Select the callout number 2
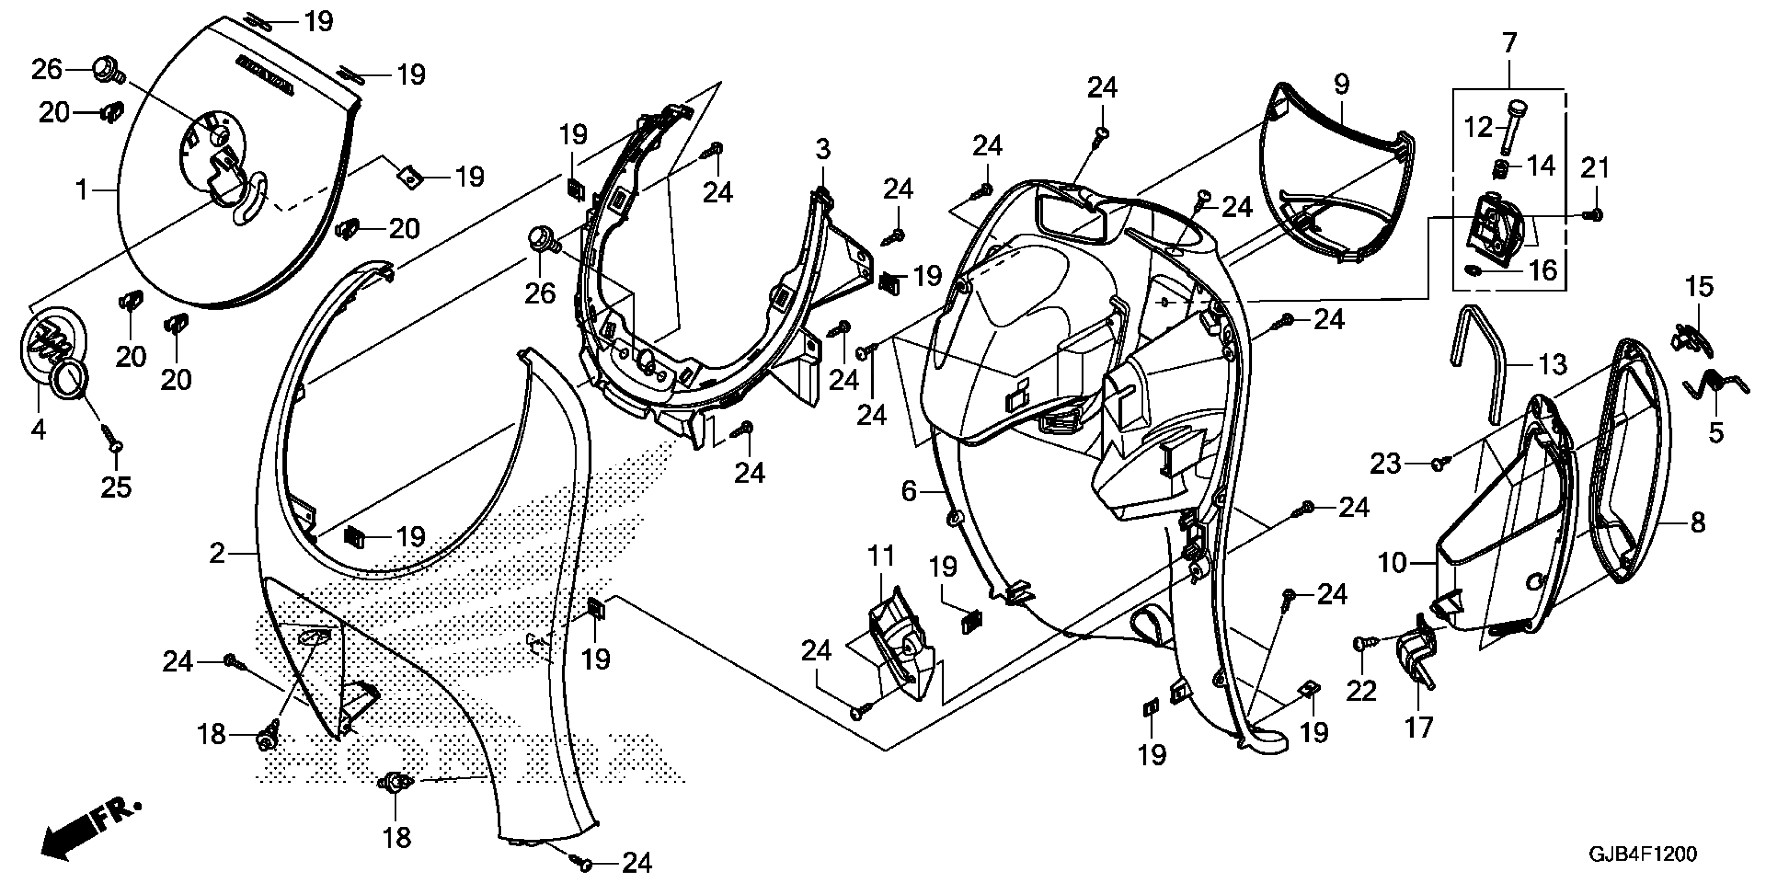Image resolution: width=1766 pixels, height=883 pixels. click(x=217, y=553)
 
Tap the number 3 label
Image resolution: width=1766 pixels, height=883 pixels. click(x=823, y=149)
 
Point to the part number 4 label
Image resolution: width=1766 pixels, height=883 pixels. click(x=38, y=430)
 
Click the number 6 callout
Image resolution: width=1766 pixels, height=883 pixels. click(x=908, y=491)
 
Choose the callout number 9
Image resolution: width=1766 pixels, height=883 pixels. click(x=1342, y=84)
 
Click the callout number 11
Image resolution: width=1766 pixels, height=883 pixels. click(x=881, y=556)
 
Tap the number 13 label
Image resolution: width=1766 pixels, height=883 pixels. click(x=1552, y=364)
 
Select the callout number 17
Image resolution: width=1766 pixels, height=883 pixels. click(x=1419, y=727)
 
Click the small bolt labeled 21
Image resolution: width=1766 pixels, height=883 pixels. click(x=1594, y=215)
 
